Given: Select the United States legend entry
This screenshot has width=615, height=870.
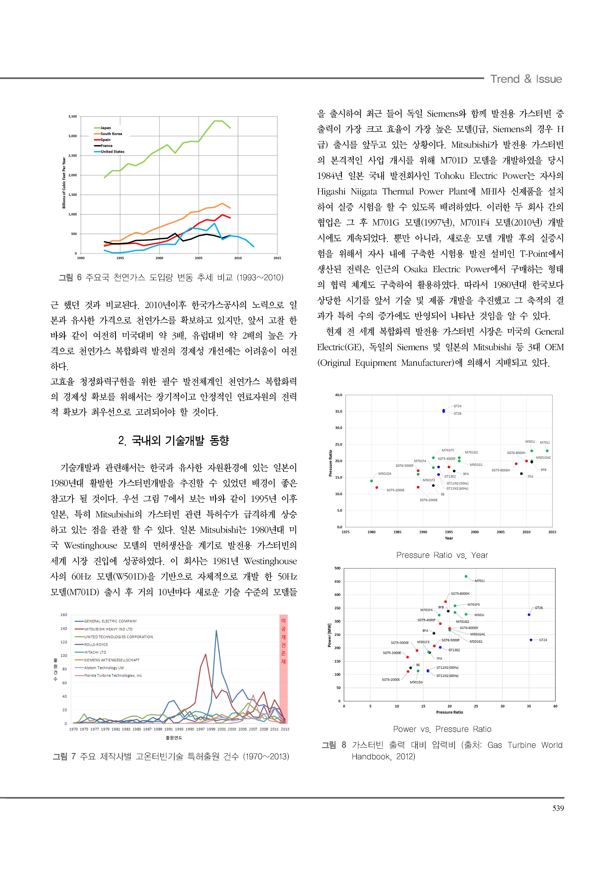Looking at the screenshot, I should [112, 152].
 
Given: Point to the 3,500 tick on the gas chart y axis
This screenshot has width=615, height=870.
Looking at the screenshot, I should [72, 116].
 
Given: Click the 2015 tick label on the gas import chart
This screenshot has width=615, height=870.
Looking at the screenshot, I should [277, 258].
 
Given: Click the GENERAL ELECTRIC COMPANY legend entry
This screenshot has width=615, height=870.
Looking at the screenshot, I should [110, 621].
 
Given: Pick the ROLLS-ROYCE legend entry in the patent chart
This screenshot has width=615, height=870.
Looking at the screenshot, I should [96, 645].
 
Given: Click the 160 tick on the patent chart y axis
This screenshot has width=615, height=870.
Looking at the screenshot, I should [64, 615].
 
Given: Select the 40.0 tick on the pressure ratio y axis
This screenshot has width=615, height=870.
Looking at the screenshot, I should [338, 395].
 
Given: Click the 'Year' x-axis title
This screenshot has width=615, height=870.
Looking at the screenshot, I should [449, 538].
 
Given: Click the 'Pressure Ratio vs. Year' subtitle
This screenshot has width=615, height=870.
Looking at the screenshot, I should [442, 555].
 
